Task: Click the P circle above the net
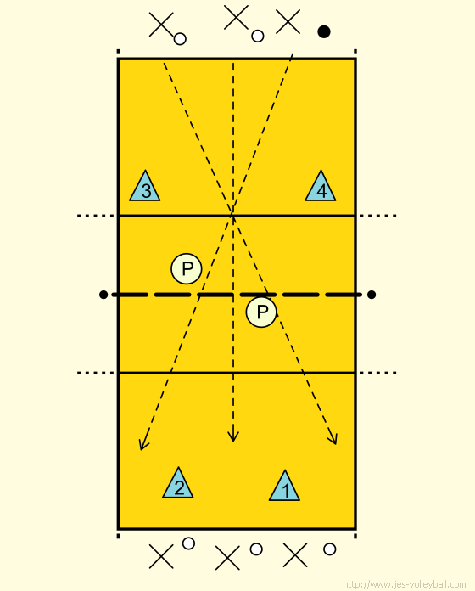pyautogui.click(x=187, y=268)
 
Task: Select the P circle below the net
pyautogui.click(x=261, y=312)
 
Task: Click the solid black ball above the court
pyautogui.click(x=324, y=31)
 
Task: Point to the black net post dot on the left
pyautogui.click(x=103, y=295)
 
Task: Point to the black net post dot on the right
pyautogui.click(x=372, y=295)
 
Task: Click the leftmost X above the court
pyautogui.click(x=161, y=25)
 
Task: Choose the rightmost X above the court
pyautogui.click(x=288, y=21)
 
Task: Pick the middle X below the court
pyautogui.click(x=227, y=558)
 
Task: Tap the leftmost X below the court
pyautogui.click(x=161, y=556)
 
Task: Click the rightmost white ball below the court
pyautogui.click(x=330, y=549)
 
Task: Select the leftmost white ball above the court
pyautogui.click(x=180, y=39)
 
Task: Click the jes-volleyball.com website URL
pyautogui.click(x=404, y=584)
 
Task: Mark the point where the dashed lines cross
pyautogui.click(x=233, y=215)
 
